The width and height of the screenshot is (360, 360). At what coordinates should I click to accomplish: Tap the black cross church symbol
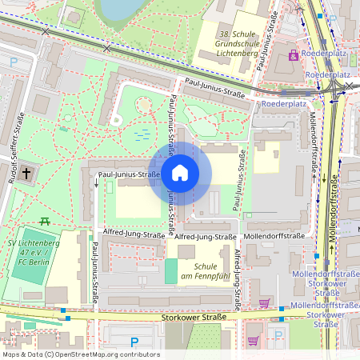[26, 172]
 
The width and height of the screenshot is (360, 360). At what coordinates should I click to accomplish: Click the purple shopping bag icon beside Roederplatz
[294, 55]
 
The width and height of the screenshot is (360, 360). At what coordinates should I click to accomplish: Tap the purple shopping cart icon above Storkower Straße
[264, 303]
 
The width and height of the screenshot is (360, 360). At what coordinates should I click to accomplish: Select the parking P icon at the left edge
[12, 61]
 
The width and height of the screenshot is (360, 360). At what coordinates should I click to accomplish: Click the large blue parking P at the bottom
[134, 342]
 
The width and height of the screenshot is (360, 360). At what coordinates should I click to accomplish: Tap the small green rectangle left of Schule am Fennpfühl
[171, 270]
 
